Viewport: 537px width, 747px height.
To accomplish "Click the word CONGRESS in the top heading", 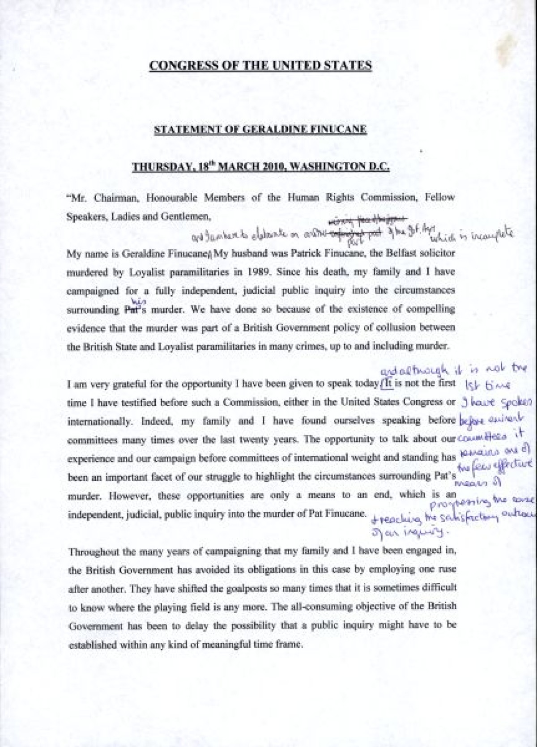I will pyautogui.click(x=172, y=65).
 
